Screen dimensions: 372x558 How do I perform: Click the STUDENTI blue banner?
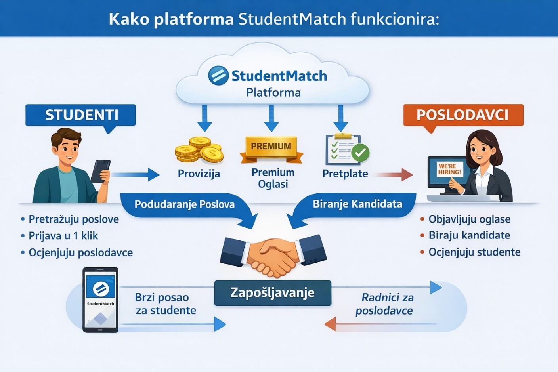pyautogui.click(x=81, y=115)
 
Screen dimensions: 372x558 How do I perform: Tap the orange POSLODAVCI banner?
pyautogui.click(x=462, y=115)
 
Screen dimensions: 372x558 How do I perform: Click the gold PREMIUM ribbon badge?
pyautogui.click(x=271, y=147)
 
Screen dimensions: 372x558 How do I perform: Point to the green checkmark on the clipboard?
pyautogui.click(x=360, y=153)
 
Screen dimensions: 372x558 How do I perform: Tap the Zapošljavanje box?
pyautogui.click(x=272, y=293)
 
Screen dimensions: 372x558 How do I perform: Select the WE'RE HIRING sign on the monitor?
pyautogui.click(x=449, y=169)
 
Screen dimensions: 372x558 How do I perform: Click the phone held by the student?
pyautogui.click(x=100, y=171)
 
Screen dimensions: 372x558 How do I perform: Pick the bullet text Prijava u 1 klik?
pyautogui.click(x=63, y=236)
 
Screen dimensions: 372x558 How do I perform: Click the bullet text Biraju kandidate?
pyautogui.click(x=469, y=235)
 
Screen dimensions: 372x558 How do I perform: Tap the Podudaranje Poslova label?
pyautogui.click(x=184, y=204)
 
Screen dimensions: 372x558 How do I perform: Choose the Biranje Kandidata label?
pyautogui.click(x=357, y=204)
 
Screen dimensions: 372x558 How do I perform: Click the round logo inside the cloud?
pyautogui.click(x=218, y=75)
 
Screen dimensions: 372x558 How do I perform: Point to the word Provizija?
pyautogui.click(x=199, y=174)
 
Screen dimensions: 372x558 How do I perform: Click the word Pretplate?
pyautogui.click(x=345, y=174)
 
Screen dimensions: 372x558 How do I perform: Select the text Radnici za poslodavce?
pyautogui.click(x=385, y=304)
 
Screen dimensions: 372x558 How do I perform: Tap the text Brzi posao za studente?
pyautogui.click(x=165, y=304)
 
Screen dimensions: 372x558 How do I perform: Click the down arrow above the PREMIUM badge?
pyautogui.click(x=271, y=118)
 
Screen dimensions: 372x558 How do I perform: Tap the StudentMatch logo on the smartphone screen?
pyautogui.click(x=100, y=288)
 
